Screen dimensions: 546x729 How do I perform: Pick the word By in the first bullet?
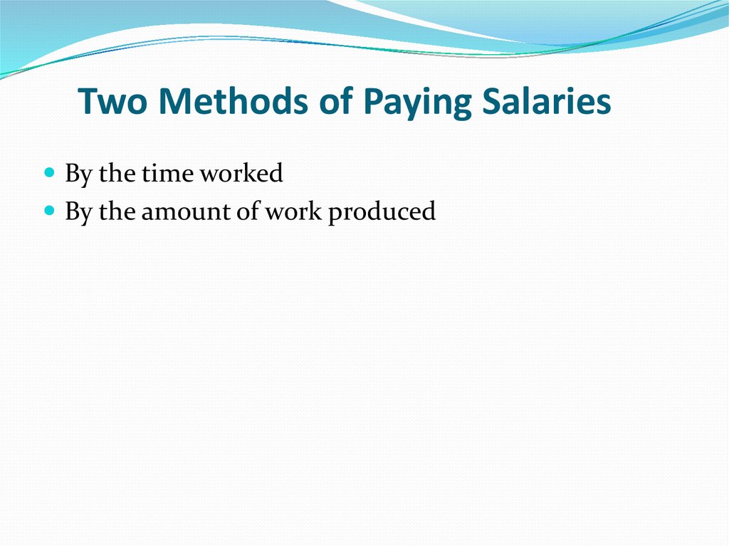[78, 174]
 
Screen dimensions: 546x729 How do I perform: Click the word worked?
[241, 173]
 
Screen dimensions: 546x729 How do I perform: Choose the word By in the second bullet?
[78, 212]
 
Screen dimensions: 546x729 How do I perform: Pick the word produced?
[382, 212]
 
